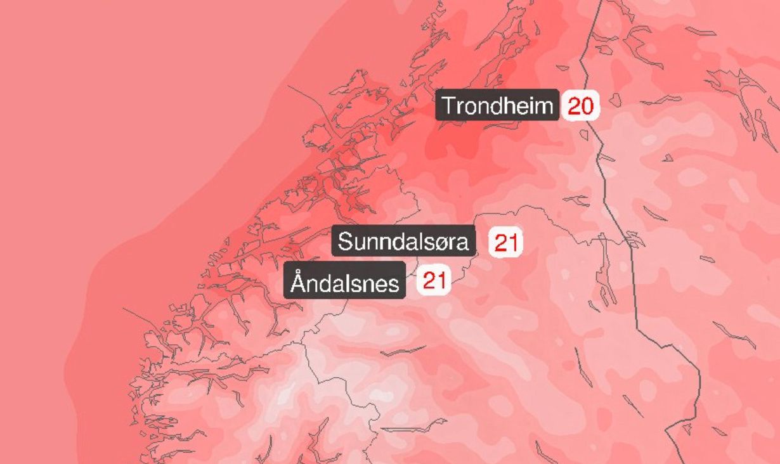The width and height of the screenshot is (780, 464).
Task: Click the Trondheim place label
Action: (x=497, y=105)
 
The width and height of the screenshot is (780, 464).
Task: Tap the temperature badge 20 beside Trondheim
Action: (x=580, y=106)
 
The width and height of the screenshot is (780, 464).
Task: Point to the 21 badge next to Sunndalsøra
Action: (x=505, y=243)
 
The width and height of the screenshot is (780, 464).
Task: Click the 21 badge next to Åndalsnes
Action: (x=433, y=280)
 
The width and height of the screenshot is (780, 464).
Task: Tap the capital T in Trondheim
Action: (x=449, y=105)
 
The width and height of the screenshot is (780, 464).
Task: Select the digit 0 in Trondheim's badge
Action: (x=587, y=106)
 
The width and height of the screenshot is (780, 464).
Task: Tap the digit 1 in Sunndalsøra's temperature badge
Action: (x=511, y=243)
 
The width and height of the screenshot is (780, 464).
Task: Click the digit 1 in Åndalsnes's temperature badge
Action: (x=440, y=280)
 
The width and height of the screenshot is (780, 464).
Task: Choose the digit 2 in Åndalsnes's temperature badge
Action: (x=427, y=280)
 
